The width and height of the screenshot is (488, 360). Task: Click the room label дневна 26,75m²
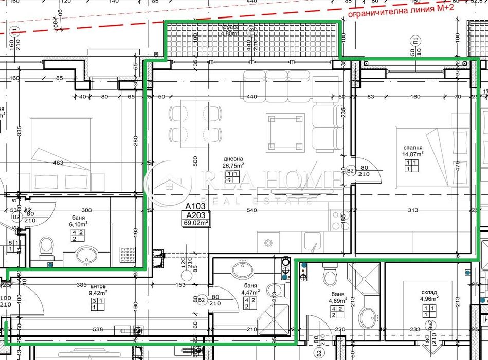click(233, 162)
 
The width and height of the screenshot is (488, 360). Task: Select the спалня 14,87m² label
click(412, 150)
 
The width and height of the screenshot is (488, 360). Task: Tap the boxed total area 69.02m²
click(196, 223)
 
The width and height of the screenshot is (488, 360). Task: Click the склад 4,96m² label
click(428, 294)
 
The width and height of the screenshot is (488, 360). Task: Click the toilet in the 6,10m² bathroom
click(46, 247)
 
